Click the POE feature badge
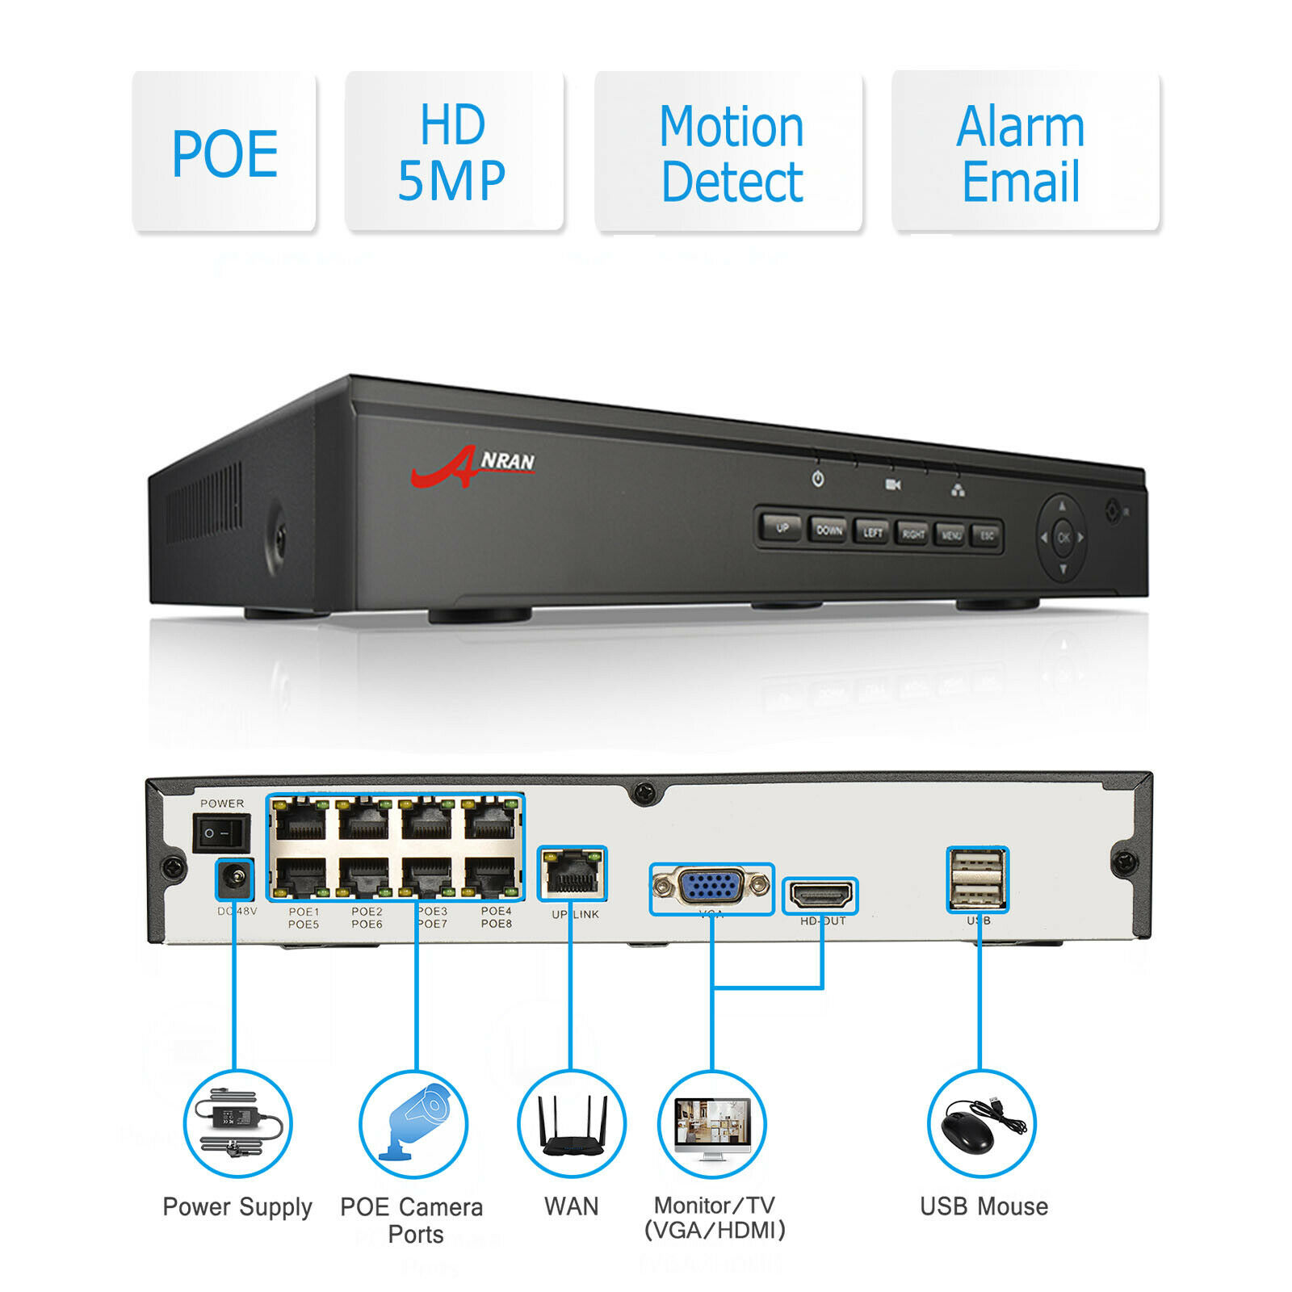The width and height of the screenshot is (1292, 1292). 224,153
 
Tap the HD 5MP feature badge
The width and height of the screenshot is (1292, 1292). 453,153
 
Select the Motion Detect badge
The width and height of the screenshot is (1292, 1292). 729,153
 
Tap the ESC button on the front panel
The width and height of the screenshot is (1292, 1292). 987,535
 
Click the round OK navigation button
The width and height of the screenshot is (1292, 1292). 1063,537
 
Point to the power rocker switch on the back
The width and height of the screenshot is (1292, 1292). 220,833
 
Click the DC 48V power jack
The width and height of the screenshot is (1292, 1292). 235,879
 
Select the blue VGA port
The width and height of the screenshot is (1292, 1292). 711,887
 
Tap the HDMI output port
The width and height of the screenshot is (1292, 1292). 820,895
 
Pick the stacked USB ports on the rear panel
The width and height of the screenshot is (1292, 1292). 977,879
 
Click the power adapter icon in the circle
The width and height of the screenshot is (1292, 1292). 237,1123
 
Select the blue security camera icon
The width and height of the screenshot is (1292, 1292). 413,1123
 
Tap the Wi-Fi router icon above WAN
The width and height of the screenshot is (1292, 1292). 572,1123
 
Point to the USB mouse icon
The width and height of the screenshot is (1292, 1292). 980,1123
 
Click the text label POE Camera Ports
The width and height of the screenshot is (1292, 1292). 413,1219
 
